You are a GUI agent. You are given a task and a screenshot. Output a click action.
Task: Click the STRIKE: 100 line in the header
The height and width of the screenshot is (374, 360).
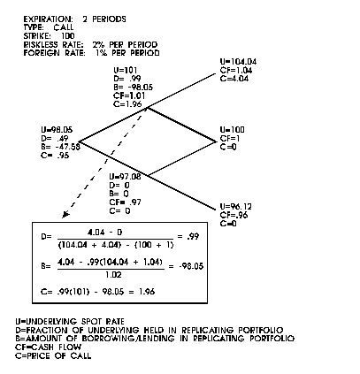point(49,36)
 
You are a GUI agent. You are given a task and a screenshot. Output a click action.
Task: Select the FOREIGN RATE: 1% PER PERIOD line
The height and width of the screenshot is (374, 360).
point(91,53)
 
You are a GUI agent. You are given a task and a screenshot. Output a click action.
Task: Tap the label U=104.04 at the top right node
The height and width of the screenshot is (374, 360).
point(238,62)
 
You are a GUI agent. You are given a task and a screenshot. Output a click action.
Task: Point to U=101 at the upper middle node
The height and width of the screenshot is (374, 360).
point(126,70)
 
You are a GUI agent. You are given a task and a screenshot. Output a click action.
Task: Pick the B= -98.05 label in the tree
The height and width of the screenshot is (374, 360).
point(134,88)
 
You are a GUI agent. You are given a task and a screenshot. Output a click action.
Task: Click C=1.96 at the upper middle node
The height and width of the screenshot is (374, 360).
point(127,104)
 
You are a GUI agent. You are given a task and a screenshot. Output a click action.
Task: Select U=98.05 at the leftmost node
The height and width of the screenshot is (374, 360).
point(57,130)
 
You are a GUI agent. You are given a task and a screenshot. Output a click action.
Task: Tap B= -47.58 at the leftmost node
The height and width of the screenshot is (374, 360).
point(61,147)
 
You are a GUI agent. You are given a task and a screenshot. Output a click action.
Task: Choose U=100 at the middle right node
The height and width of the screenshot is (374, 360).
point(232,130)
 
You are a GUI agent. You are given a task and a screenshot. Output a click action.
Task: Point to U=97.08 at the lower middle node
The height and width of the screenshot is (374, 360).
point(125,177)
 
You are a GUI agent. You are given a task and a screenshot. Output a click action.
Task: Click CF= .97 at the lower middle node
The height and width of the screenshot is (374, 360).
point(125,202)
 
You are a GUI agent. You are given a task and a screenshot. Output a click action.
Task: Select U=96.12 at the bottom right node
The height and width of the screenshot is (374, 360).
point(236,206)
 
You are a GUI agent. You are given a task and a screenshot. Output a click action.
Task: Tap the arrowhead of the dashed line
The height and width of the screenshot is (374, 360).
point(65,215)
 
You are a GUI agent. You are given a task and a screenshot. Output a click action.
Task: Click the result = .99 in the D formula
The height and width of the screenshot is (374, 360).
point(188,236)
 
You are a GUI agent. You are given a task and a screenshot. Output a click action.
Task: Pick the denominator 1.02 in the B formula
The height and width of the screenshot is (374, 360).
point(113,275)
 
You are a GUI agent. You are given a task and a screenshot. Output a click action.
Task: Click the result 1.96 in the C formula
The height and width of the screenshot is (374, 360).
point(147,292)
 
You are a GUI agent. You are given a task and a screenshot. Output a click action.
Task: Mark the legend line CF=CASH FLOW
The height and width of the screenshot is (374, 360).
point(49,347)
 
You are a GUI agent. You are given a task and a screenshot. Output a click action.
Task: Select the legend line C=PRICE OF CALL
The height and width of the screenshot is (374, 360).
point(53,355)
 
